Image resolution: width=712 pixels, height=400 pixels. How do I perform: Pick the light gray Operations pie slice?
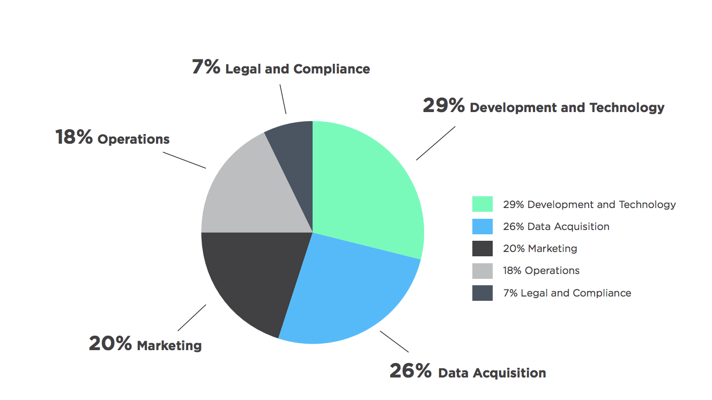(x=252, y=193)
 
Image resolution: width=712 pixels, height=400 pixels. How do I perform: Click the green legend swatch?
(x=482, y=204)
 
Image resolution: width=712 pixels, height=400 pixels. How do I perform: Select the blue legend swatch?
(x=482, y=226)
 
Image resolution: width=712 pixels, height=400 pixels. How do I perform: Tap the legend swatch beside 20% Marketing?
(x=482, y=248)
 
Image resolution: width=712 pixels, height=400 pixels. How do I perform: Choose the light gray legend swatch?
(x=482, y=271)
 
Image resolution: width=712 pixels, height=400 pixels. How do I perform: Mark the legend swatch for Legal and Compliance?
(x=482, y=293)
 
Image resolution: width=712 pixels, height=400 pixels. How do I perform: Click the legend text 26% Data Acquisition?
(x=556, y=226)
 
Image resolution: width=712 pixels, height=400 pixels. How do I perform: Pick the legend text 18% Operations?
(x=541, y=271)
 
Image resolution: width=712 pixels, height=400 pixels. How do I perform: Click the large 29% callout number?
(x=443, y=106)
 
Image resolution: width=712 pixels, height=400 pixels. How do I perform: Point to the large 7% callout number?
(x=206, y=67)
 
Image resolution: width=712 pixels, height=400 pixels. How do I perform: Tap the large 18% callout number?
(x=74, y=137)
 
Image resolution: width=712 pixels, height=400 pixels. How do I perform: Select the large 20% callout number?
(x=110, y=344)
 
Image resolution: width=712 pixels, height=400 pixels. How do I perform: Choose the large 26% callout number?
(x=410, y=371)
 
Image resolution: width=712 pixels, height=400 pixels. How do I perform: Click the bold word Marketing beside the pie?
(x=169, y=345)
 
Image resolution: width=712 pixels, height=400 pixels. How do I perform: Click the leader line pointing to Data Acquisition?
(x=395, y=342)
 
